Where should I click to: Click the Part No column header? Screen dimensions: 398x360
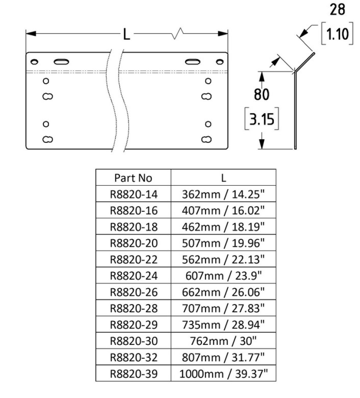coord(133,178)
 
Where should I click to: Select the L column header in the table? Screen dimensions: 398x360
coord(224,178)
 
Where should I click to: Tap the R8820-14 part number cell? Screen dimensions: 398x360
coord(133,194)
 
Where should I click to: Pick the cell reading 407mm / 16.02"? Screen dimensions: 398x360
coord(224,210)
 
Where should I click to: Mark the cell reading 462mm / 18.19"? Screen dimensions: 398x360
coord(224,227)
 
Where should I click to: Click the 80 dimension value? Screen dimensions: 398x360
coord(261,95)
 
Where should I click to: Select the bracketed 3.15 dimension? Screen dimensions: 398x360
coord(261,120)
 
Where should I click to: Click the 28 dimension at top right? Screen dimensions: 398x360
coord(337,10)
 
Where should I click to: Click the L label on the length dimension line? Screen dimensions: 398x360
coord(127,34)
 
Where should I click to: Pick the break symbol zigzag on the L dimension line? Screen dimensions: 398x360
coord(179,33)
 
